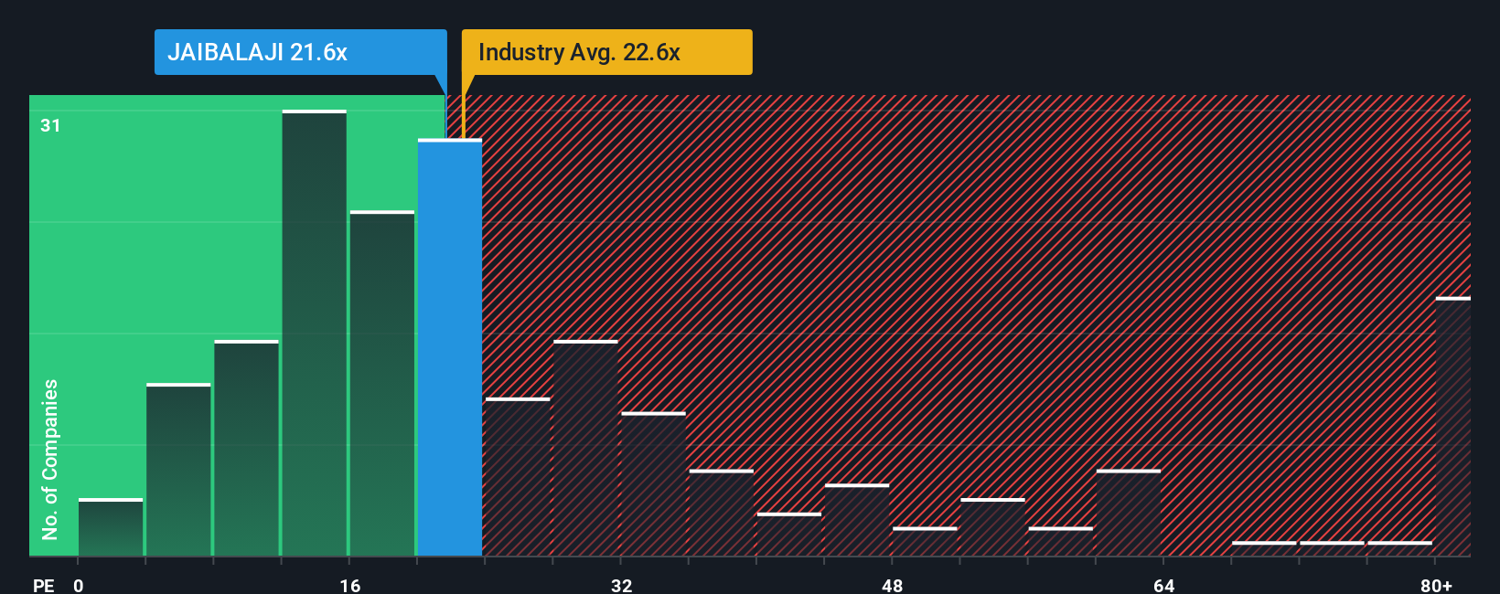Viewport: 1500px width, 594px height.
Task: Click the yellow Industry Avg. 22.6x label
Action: (606, 52)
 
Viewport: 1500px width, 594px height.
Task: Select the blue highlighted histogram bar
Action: (450, 347)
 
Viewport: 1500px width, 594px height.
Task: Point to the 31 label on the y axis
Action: (50, 125)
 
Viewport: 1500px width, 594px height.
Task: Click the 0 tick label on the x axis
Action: (79, 585)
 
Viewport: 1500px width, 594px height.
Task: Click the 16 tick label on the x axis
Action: (350, 585)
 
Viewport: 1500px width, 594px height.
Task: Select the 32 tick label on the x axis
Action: (621, 585)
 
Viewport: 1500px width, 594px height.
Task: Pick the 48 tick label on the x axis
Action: (893, 585)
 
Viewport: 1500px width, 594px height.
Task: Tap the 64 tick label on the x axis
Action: (1163, 585)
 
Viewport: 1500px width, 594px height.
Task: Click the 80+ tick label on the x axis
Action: (1436, 585)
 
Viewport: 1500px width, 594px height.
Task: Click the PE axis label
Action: (44, 585)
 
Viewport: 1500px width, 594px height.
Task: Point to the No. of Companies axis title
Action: (50, 459)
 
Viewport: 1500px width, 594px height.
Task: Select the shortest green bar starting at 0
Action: (111, 528)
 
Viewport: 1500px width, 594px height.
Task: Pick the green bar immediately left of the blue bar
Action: (382, 384)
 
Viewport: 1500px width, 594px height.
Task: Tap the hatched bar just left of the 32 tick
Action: (585, 448)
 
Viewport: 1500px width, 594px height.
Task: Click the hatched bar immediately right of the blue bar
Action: (518, 477)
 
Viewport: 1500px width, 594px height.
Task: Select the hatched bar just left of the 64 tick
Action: (1129, 513)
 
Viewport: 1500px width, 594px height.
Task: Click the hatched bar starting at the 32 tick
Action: (653, 484)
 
